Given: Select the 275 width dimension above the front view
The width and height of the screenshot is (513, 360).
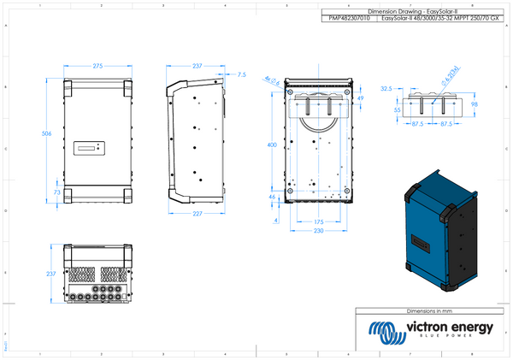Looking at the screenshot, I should [97, 65].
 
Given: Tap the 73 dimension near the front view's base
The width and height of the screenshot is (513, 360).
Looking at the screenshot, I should [56, 193].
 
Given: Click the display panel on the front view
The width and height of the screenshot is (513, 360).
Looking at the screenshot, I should [89, 148].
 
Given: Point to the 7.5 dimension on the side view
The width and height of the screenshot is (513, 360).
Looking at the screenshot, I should [241, 75].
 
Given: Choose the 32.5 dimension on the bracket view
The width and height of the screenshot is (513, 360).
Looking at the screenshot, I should [386, 88].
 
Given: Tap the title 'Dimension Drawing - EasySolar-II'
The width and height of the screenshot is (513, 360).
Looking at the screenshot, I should [401, 12].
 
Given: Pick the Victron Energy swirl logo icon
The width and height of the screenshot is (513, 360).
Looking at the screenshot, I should [382, 330].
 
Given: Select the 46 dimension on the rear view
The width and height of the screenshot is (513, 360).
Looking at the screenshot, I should [272, 198].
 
